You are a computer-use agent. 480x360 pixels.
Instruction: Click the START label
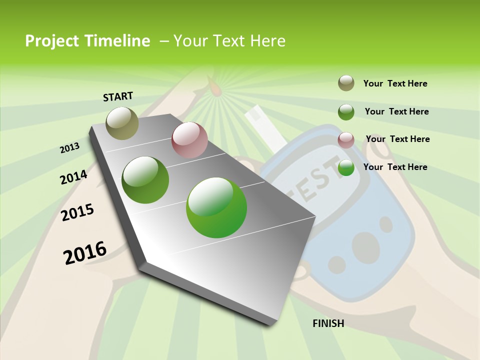coord(118,96)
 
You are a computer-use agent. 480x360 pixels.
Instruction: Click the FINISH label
coord(328,323)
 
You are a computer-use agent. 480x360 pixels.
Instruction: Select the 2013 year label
coord(69,148)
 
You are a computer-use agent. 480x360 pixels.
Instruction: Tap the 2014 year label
coord(73,177)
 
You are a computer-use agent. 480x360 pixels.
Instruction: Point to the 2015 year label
coord(77,212)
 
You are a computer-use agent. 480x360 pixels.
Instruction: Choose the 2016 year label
coord(85,252)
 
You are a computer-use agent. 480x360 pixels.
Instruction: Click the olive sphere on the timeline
coord(122,123)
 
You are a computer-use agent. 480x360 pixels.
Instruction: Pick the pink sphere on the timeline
coord(189,140)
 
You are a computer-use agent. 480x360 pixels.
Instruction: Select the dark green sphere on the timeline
coord(145,180)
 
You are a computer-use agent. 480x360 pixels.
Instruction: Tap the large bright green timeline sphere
coord(216,207)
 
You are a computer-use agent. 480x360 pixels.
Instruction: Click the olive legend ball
coord(346,83)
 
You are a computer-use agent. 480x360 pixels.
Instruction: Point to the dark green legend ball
coord(346,112)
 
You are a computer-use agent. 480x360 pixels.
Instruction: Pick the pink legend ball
coord(346,140)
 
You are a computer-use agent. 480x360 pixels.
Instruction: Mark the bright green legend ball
coord(346,168)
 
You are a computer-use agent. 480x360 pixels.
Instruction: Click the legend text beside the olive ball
coord(395,83)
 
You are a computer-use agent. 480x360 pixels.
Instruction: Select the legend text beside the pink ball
coord(397,139)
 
